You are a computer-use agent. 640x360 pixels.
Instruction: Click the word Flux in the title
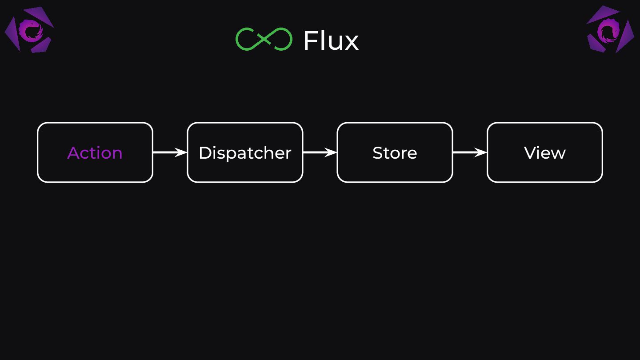coord(331,40)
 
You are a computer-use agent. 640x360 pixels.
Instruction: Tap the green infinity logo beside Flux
coord(264,39)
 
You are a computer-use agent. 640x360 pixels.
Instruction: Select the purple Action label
coord(95,153)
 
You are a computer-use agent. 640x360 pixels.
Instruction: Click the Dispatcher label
coord(245,153)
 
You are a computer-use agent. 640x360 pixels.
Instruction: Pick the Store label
coord(395,153)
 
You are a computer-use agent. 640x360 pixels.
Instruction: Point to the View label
coord(544,153)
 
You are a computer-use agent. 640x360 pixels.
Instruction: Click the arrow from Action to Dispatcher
coord(169,152)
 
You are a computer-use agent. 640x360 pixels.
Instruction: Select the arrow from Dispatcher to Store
coord(320,152)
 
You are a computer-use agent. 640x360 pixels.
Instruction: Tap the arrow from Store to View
coord(469,152)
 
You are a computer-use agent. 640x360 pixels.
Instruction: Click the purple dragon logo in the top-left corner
coord(29,30)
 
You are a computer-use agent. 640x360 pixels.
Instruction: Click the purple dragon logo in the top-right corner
coord(610,30)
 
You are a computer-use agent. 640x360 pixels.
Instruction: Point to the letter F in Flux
coord(310,40)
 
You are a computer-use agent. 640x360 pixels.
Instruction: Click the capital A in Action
coord(74,153)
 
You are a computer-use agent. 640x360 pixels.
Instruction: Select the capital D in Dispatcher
coord(204,153)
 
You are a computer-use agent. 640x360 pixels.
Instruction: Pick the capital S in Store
coord(377,153)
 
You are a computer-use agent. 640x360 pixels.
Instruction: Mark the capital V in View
coord(530,153)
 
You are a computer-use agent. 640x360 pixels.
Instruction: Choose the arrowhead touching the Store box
coord(332,152)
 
